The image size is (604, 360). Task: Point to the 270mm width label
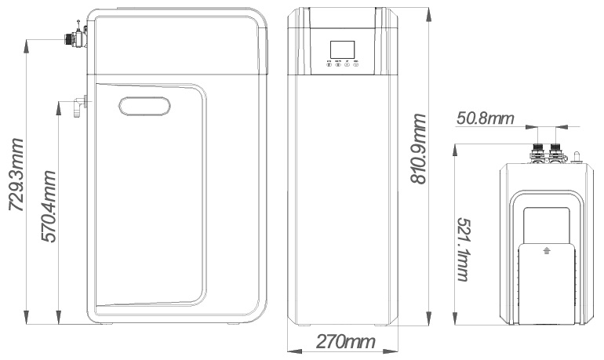345,342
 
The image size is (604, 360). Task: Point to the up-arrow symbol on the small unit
546,251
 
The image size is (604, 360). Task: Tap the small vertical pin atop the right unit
576,158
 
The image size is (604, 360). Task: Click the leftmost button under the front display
328,66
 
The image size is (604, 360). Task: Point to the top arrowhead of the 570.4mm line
59,104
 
